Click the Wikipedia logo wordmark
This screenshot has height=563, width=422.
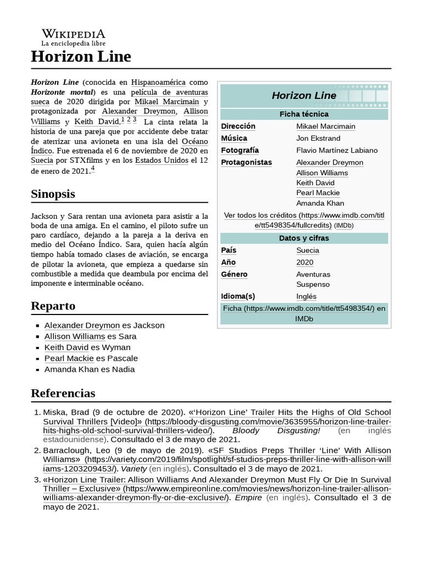coord(74,34)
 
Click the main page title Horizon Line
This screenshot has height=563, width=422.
coord(81,56)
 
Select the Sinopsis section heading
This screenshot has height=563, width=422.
coord(53,194)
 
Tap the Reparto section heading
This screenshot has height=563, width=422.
coord(53,306)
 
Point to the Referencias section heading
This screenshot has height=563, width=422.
coord(63,393)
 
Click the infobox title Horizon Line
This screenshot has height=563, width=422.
coord(304,96)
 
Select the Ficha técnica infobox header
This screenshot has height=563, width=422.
coord(304,114)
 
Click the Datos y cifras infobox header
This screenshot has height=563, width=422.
coord(304,238)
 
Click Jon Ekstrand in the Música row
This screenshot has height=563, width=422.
coord(318,138)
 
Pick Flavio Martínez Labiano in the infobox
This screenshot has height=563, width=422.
coord(337,150)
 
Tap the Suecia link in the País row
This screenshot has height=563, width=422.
coord(307,250)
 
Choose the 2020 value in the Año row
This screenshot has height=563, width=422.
coord(305,262)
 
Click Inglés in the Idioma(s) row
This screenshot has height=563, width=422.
coord(306,296)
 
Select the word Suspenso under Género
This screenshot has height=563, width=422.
coord(313,284)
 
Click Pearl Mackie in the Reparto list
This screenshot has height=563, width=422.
coord(69,358)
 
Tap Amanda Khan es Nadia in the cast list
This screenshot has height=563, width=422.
coord(90,369)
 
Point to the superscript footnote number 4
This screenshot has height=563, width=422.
coord(93,169)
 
